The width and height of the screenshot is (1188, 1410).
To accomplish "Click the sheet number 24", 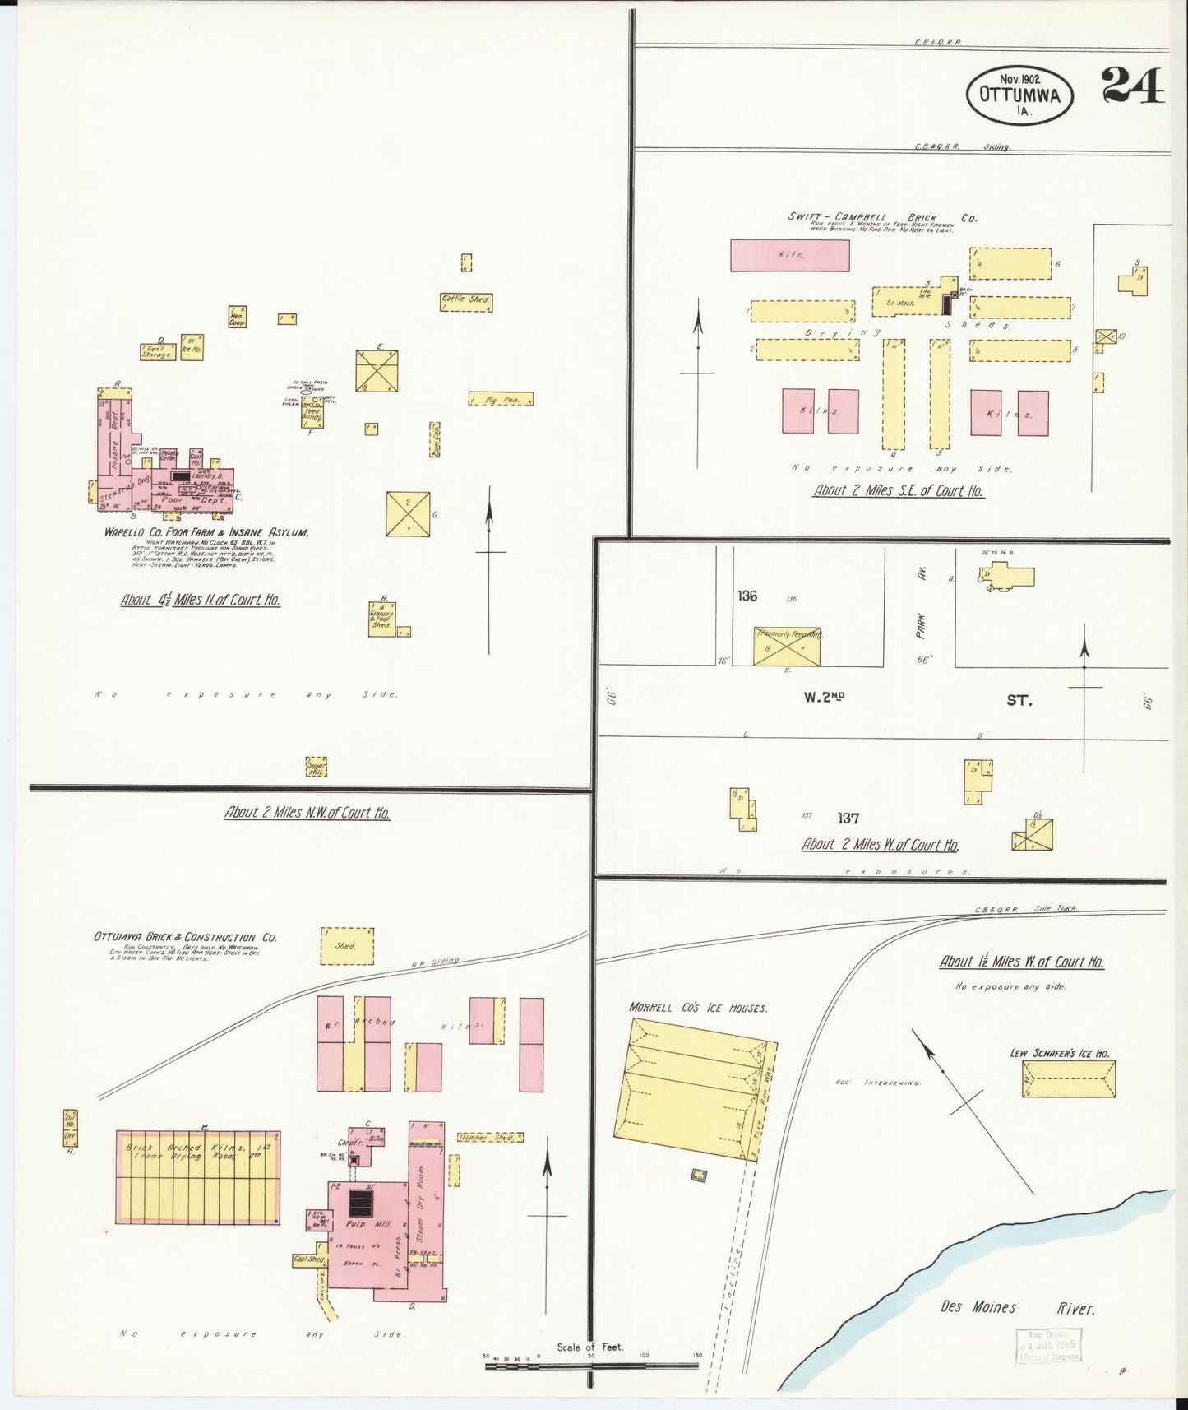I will [x=1133, y=85].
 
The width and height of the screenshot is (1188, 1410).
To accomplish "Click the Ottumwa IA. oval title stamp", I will [x=1019, y=95].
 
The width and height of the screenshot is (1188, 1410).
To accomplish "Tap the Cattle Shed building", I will [x=466, y=300].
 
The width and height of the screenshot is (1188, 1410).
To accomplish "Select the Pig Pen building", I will [x=501, y=399].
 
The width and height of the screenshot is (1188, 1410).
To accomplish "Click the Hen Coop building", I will [x=238, y=318].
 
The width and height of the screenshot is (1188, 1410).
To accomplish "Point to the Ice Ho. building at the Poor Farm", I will [x=192, y=346].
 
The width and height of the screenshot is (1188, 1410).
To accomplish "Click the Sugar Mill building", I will [x=317, y=767].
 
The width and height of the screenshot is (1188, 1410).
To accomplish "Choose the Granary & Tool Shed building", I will [x=382, y=619].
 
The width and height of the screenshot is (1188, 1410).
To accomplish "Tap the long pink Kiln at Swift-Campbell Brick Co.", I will [x=789, y=255].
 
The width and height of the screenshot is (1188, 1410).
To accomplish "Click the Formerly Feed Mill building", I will [x=787, y=646].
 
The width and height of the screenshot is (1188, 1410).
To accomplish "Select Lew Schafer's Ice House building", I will [x=1068, y=1078].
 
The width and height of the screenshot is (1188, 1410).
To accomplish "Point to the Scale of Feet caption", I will [x=589, y=1347].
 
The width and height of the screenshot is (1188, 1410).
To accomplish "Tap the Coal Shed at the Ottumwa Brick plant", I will [x=308, y=1259].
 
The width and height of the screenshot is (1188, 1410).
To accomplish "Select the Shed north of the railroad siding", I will [x=346, y=946].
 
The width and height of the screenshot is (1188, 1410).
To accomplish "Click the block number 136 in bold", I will [x=747, y=596].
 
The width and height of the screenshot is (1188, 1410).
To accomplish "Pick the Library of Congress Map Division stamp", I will [x=1047, y=1347].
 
